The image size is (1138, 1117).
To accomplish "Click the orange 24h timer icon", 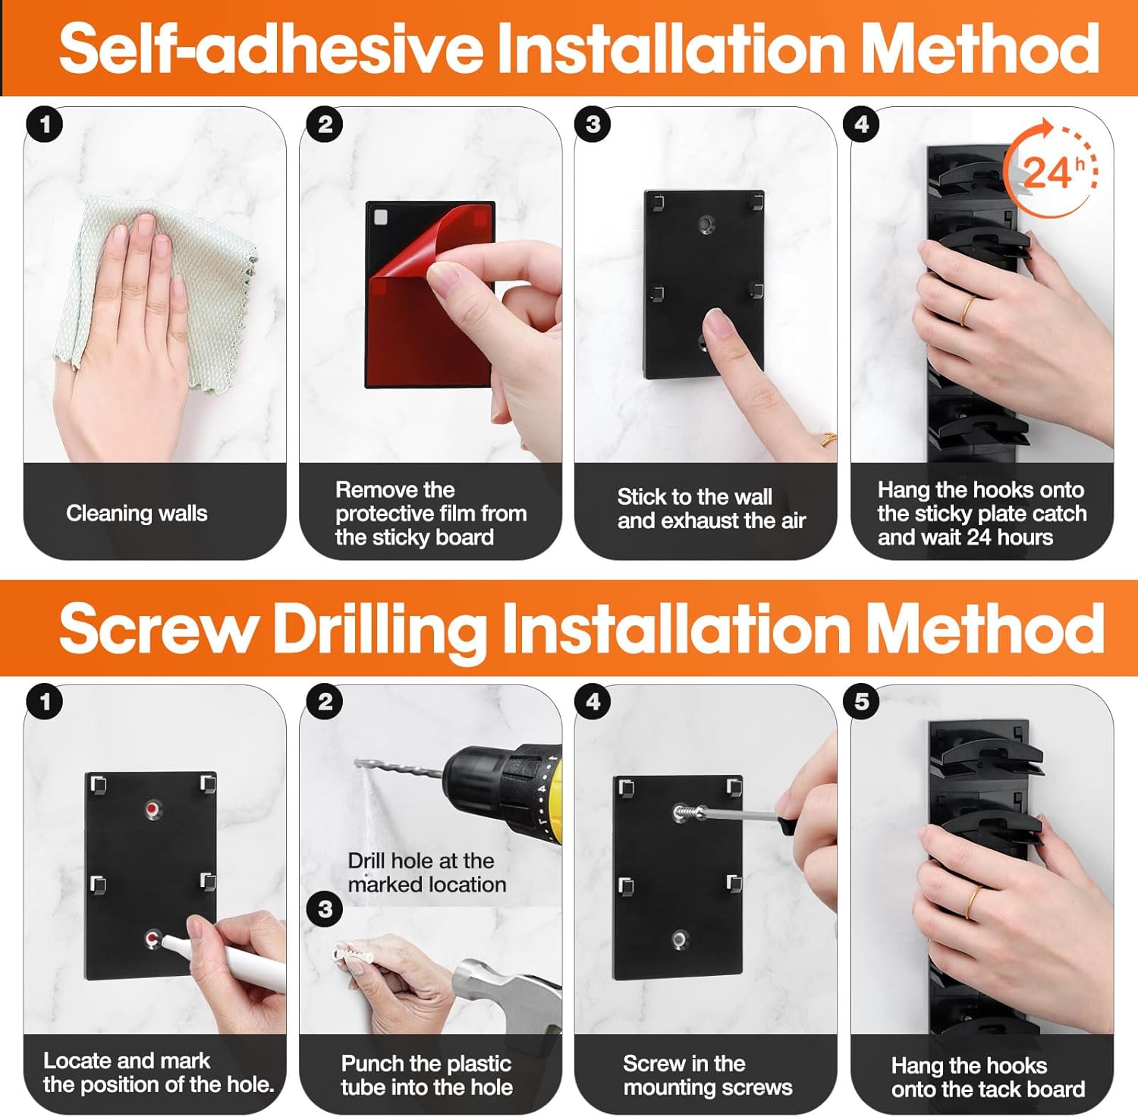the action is coord(1051,168).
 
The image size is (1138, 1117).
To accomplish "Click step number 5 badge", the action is coord(862,701).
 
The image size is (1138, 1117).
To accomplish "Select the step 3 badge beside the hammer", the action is coord(325,908).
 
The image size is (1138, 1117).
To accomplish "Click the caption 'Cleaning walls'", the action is coord(137,513).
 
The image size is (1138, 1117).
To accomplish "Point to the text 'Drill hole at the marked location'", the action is coord(426,873).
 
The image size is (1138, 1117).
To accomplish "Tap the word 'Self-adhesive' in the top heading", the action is coord(271,48).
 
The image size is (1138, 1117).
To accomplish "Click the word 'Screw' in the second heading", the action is coord(158,628).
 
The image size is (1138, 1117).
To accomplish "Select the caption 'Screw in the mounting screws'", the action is coord(707,1075).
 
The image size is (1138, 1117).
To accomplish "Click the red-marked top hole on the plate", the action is coord(154,809).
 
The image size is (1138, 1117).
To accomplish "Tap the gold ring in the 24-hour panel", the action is coord(969,310).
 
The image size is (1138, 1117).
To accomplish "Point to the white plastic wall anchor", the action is coord(352,952).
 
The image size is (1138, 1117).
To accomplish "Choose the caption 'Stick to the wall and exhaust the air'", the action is coord(711,508).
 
